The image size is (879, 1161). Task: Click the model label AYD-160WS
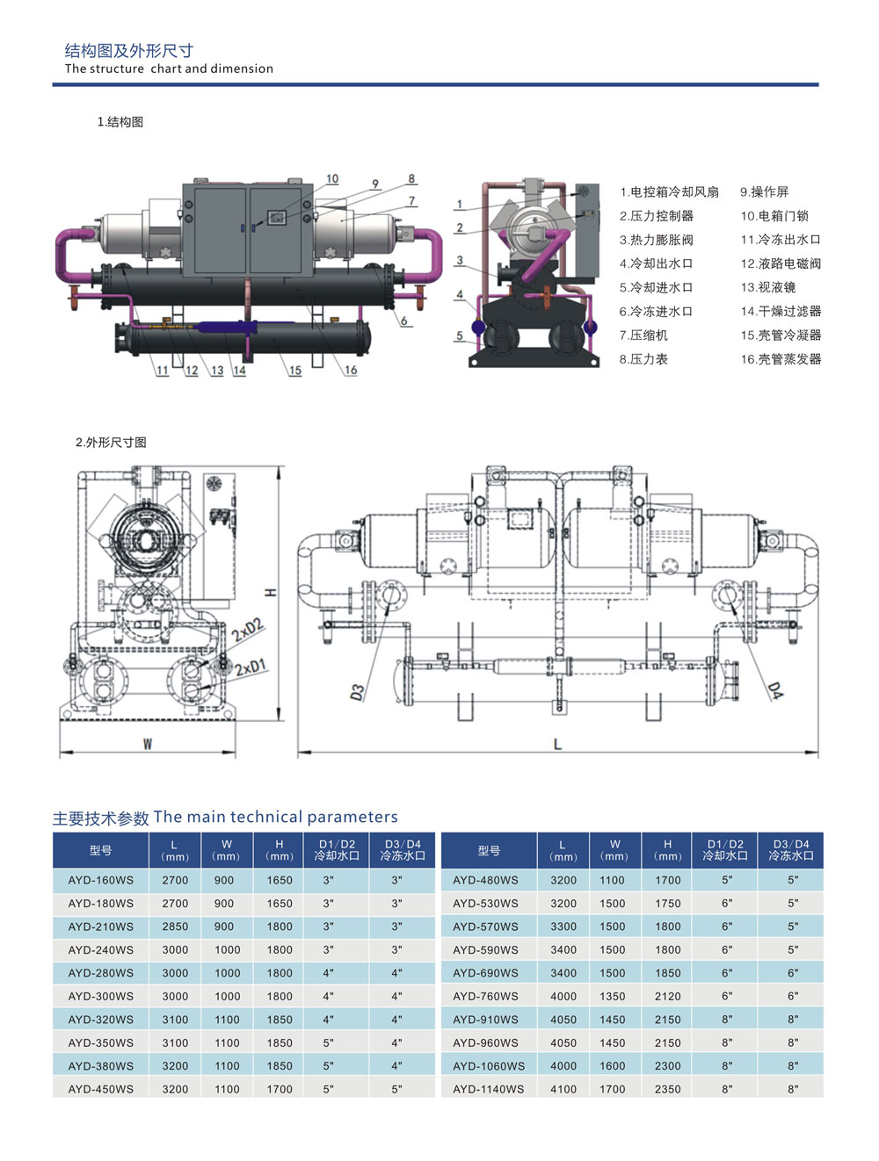101,880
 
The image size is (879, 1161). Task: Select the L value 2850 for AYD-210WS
175,927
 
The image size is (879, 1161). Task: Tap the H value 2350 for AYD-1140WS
667,1089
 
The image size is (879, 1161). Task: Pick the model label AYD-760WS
485,996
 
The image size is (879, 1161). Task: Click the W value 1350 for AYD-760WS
613,996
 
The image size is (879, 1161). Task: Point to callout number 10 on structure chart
332,179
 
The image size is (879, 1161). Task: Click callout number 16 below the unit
351,370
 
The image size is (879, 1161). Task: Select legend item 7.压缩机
643,335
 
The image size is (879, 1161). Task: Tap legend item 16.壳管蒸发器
781,359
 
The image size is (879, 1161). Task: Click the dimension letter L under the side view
557,745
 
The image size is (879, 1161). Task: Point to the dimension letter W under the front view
148,745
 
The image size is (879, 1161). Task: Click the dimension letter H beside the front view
271,593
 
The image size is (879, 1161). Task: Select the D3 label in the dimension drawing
357,692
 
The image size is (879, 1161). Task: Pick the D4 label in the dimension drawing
774,690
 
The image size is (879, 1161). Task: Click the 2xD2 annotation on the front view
248,629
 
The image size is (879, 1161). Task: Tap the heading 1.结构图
120,122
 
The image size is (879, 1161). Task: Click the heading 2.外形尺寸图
111,443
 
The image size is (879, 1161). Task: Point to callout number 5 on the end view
459,335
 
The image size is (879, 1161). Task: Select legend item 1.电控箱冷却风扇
669,192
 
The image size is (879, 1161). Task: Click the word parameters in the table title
352,817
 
